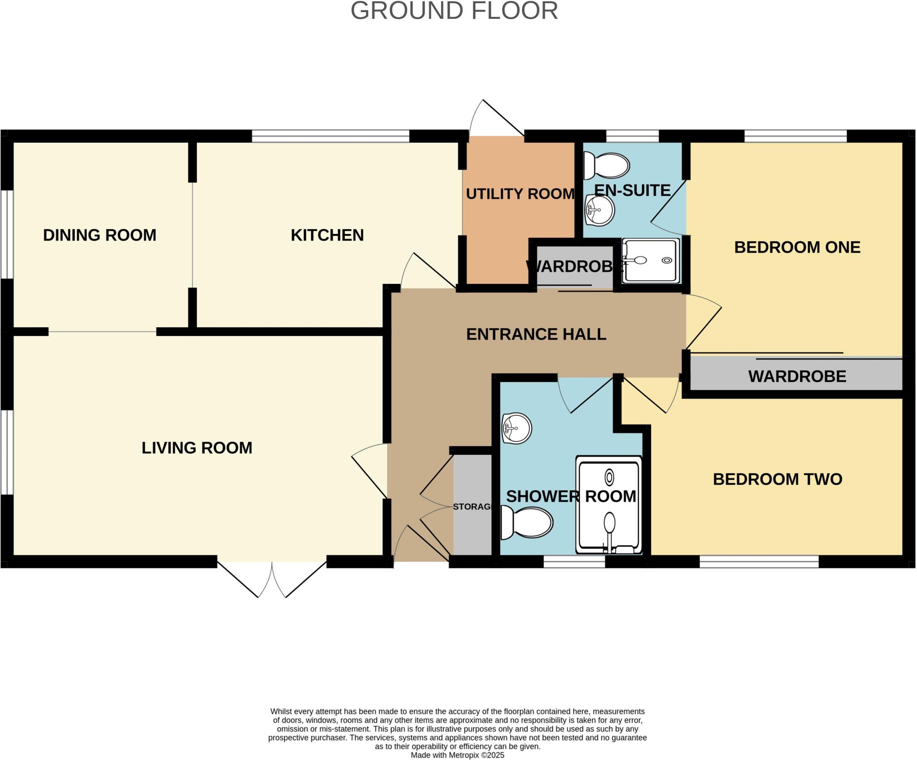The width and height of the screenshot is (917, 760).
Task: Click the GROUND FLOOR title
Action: (454, 11)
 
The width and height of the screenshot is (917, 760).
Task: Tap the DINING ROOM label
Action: (99, 235)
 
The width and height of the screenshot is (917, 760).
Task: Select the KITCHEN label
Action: (327, 235)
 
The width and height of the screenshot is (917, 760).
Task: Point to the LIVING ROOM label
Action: (197, 448)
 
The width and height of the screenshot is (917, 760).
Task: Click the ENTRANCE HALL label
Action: (536, 334)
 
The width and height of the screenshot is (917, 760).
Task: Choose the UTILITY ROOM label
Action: (520, 194)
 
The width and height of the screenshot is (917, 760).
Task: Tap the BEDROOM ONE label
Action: (797, 247)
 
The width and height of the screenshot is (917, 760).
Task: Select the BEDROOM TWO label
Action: (777, 479)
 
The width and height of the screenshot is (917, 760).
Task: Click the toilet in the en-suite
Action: (607, 165)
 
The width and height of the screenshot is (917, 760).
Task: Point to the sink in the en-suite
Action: (599, 210)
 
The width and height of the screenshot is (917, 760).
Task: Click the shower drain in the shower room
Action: (609, 478)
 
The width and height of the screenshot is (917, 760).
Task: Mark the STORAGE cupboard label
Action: (472, 507)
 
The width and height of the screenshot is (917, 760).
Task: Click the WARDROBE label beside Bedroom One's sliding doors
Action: (797, 376)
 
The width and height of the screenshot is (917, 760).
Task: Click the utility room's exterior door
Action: (496, 119)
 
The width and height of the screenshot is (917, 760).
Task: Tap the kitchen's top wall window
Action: (330, 136)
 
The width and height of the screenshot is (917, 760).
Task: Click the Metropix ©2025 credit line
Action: (457, 755)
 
